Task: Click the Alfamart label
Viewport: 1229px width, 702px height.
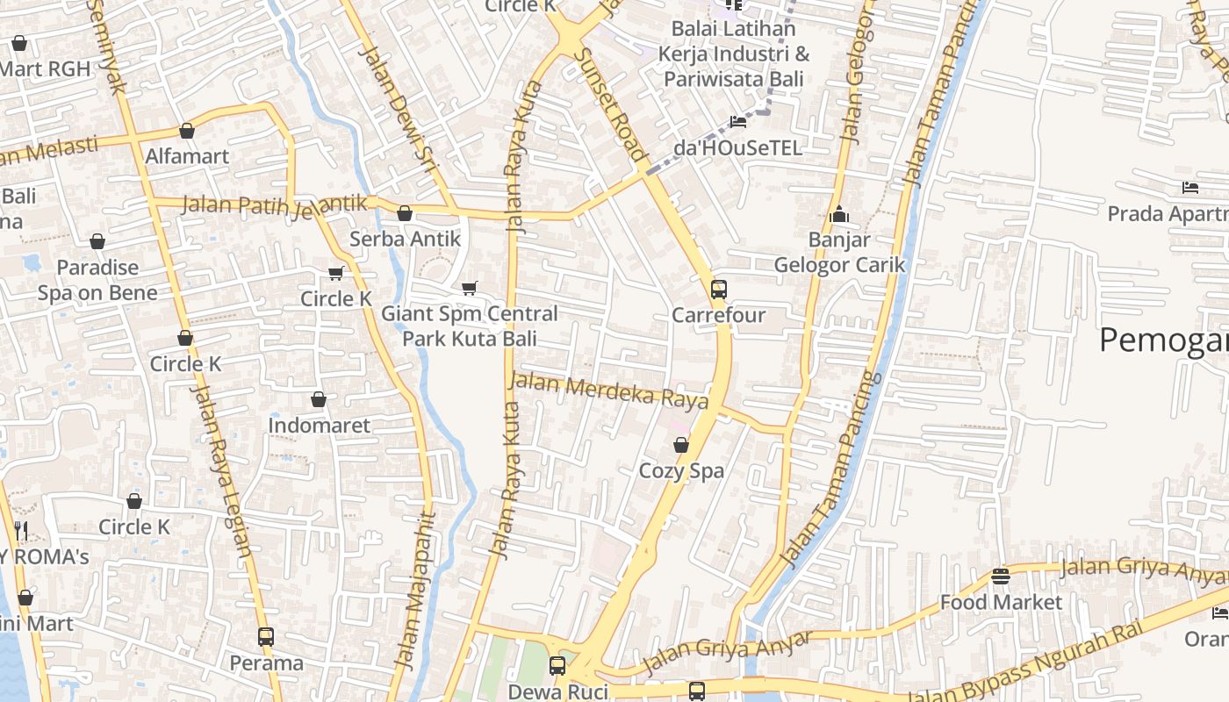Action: [186, 157]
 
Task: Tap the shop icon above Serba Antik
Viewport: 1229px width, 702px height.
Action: [405, 213]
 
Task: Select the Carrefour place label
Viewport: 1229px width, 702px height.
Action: [718, 315]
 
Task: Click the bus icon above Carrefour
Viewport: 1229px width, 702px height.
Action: [718, 289]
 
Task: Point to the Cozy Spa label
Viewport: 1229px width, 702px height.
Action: [681, 471]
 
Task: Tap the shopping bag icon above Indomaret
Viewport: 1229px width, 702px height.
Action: [319, 399]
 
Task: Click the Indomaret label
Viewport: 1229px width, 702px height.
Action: [319, 426]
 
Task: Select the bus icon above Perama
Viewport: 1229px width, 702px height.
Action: [266, 636]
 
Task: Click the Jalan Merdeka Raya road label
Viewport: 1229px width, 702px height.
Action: [608, 391]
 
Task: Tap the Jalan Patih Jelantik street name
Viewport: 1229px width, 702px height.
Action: [274, 204]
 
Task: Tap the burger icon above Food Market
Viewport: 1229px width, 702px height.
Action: [1001, 577]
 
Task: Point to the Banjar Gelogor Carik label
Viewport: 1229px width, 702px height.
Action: [838, 253]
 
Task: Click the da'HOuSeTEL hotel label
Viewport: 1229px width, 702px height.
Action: [737, 148]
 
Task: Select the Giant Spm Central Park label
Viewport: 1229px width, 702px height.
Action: [469, 326]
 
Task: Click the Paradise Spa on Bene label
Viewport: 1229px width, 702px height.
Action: [97, 280]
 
